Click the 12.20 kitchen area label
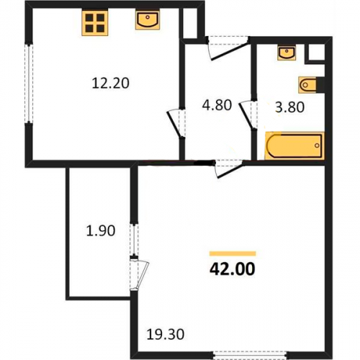[111, 84]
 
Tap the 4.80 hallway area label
[217, 105]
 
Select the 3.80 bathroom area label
[289, 107]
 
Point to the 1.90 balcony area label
[101, 230]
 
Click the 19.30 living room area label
[166, 334]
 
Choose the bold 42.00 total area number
[233, 269]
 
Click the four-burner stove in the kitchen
[95, 23]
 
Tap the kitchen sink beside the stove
[148, 20]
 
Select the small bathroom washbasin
[287, 53]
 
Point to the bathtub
[294, 145]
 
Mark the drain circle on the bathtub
[317, 145]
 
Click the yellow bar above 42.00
[233, 253]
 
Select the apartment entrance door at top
[228, 48]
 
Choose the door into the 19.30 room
[229, 169]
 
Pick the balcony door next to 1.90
[140, 274]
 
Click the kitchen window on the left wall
[29, 84]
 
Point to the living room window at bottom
[251, 356]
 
